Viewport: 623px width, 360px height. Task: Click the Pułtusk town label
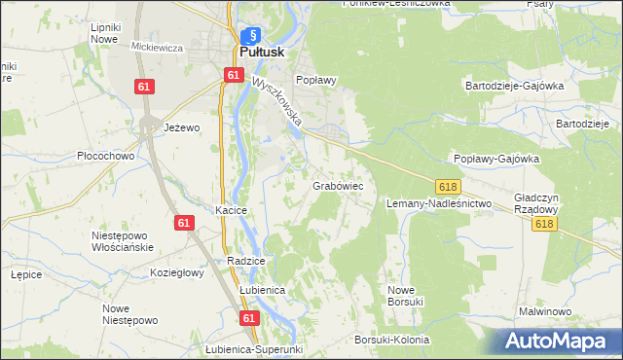click(263, 53)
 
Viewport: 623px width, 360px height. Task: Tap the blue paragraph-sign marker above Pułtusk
click(250, 36)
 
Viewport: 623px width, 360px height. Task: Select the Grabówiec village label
click(338, 184)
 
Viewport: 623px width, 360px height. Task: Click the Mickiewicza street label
click(157, 47)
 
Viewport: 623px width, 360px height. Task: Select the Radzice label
click(246, 261)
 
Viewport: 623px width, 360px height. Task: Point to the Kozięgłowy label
click(176, 273)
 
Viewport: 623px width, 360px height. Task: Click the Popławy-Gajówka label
click(496, 158)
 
